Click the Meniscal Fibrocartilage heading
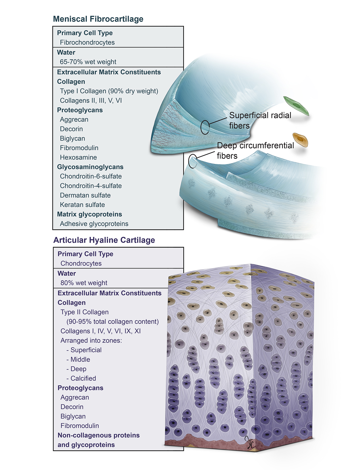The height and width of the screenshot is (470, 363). [98, 19]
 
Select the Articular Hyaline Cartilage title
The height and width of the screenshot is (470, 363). [104, 240]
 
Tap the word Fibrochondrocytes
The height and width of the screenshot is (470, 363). [87, 42]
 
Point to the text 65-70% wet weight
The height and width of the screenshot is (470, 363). [88, 62]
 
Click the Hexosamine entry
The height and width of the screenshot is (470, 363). [78, 157]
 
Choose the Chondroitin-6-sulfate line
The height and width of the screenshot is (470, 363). [91, 176]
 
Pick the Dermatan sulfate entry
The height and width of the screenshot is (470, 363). [85, 195]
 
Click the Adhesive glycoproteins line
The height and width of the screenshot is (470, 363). [94, 224]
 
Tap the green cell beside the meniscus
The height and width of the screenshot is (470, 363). [296, 105]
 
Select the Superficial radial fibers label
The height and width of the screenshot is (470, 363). [260, 120]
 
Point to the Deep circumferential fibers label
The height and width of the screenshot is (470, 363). [255, 150]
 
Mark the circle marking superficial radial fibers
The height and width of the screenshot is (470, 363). [205, 127]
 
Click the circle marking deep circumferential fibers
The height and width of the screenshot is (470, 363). [193, 161]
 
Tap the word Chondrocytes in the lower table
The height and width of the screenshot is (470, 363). [81, 263]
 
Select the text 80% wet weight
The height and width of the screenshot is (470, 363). [84, 283]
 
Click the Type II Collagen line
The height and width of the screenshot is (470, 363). [85, 312]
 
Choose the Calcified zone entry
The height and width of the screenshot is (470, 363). [83, 378]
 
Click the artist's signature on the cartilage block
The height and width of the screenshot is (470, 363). [249, 443]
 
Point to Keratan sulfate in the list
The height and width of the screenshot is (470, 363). [82, 205]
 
